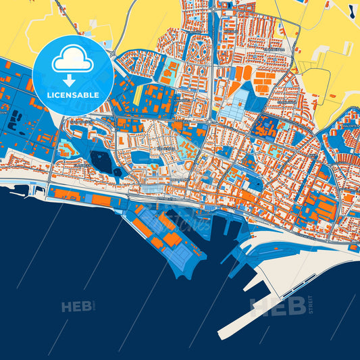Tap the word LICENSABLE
coord(73,95)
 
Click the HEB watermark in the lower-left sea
coord(76,307)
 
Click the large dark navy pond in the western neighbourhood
coord(103,161)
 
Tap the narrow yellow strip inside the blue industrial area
coord(138,94)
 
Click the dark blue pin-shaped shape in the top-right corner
coord(351,9)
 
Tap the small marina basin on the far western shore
coord(37,190)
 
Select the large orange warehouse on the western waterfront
coord(68,194)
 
